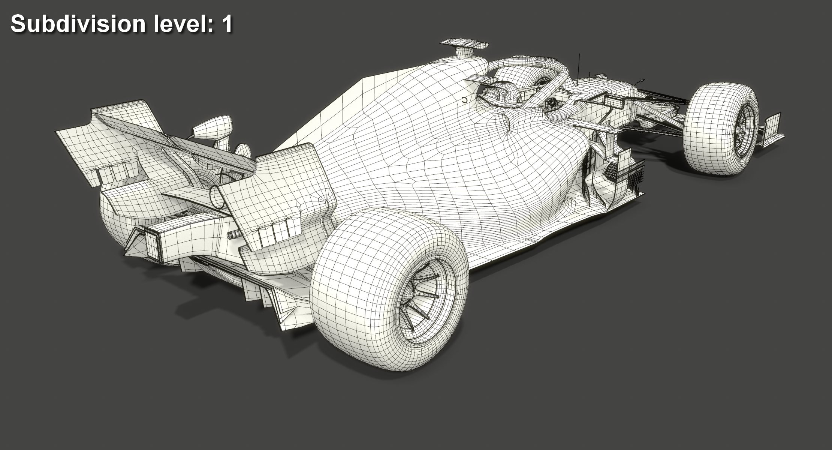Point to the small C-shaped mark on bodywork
pyautogui.click(x=464, y=100)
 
